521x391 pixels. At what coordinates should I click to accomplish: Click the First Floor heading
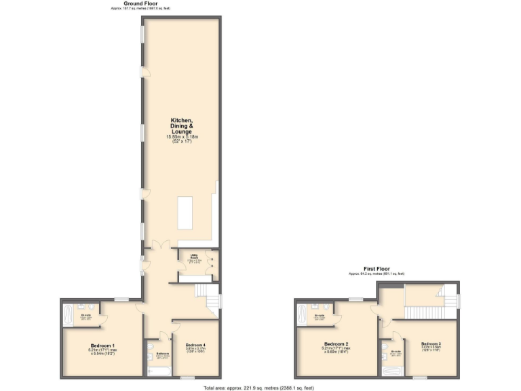[x=377, y=269]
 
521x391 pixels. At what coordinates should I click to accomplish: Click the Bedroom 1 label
[x=102, y=346]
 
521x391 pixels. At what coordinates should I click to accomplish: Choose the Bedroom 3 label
[x=430, y=344]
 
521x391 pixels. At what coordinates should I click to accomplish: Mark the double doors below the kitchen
[x=160, y=246]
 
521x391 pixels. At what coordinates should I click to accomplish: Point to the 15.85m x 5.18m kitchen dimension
[x=182, y=138]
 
